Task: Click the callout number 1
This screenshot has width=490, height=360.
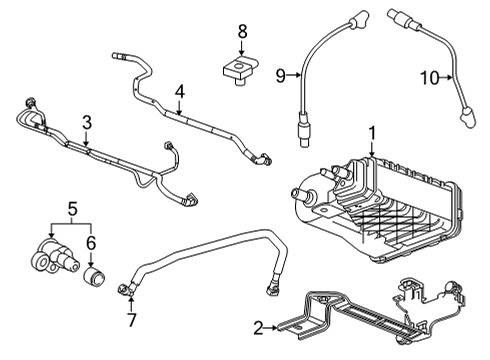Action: [x=372, y=132]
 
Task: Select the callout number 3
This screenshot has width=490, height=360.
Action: [x=87, y=122]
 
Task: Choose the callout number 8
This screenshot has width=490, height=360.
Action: [x=241, y=32]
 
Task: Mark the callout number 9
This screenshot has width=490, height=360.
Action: [x=281, y=72]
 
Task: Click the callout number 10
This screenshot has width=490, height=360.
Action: [x=428, y=77]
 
